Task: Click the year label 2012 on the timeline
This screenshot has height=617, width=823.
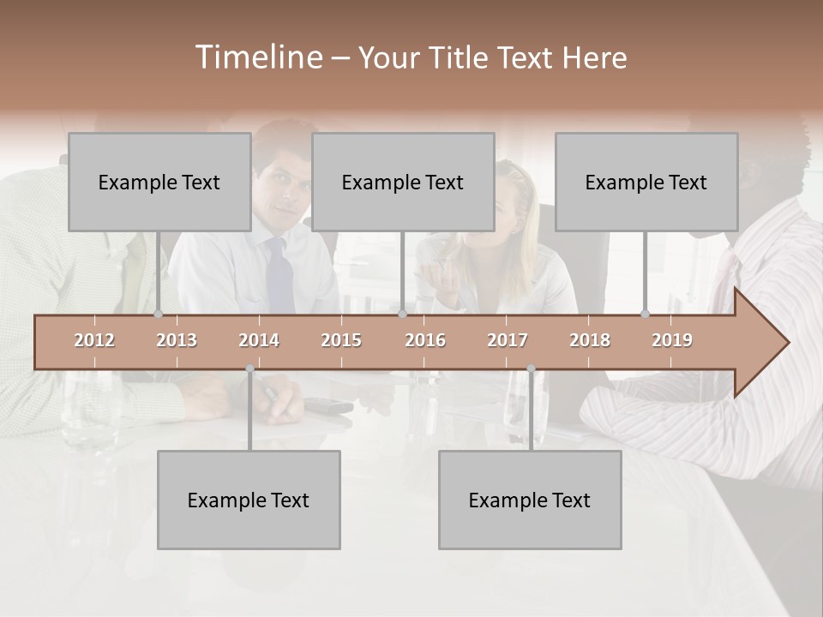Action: pos(94,340)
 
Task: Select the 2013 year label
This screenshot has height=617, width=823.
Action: pos(177,340)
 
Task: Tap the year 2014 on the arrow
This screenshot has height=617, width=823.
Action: pos(259,340)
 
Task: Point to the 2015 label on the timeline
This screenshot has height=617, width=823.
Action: pos(341,340)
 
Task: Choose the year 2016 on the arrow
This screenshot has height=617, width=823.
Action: pos(425,340)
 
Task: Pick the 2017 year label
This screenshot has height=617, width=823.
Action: pos(508,340)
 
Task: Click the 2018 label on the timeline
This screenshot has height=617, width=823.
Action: pos(590,340)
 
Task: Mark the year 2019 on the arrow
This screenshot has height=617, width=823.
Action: pos(672,340)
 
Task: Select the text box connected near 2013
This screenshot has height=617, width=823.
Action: pos(159,182)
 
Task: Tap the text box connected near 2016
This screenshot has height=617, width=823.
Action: pos(403,182)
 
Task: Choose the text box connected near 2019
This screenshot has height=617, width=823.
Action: pos(646,182)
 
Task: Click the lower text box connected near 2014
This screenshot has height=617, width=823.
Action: pos(249,500)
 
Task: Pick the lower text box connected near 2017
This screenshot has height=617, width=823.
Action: pos(530,500)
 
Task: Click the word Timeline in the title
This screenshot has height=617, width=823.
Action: pos(257,57)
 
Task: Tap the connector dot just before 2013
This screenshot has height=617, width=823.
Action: pos(159,314)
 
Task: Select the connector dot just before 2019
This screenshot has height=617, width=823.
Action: pos(646,314)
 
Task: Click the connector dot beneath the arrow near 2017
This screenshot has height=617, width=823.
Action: pos(531,369)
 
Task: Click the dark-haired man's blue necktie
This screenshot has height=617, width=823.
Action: pos(279,274)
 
